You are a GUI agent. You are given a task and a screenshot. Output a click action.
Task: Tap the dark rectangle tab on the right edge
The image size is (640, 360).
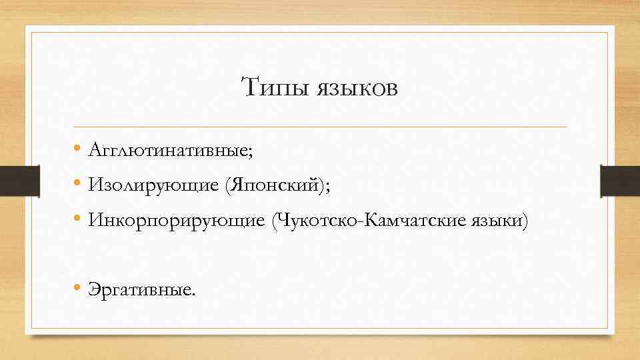tap(620, 181)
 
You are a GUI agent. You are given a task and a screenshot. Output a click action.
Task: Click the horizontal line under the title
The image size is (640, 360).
tap(320, 127)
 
